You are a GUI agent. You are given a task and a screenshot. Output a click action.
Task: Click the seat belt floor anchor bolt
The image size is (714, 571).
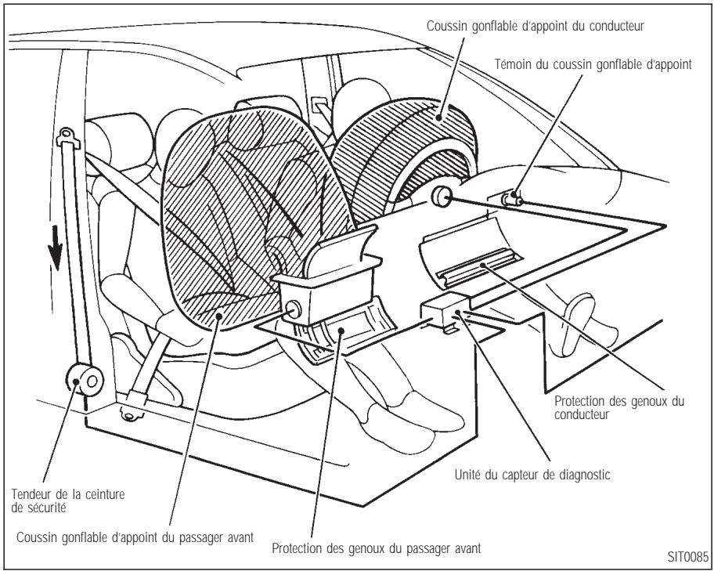(124, 414)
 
